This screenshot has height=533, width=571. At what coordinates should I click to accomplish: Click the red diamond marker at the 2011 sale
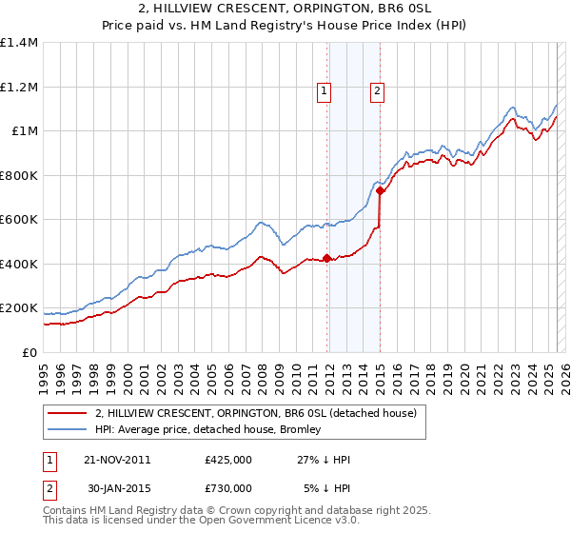(327, 258)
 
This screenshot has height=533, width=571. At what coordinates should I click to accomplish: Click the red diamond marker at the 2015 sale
(381, 191)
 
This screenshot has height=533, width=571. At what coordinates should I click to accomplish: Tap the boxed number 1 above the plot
(325, 91)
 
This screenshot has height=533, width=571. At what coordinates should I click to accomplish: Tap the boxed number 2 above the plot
(377, 91)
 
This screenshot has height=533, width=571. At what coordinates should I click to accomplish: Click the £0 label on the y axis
(29, 352)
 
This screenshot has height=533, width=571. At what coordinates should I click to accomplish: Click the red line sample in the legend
(67, 414)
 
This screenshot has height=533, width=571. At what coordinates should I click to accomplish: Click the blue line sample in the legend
(67, 429)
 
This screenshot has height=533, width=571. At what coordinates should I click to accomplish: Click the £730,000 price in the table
(228, 488)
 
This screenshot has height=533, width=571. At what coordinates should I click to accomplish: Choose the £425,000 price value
(228, 460)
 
